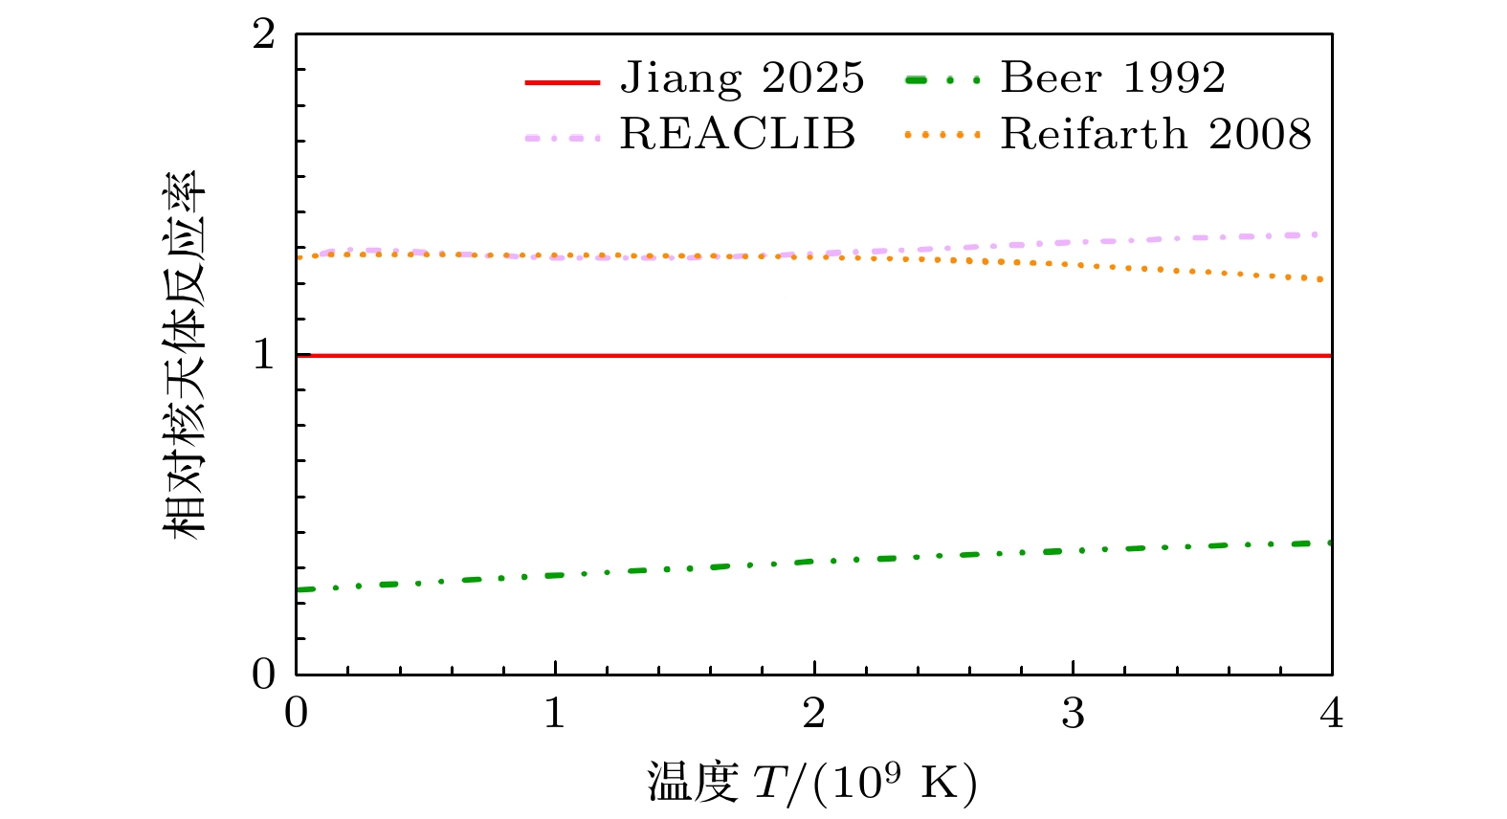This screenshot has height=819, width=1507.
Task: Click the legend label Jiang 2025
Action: coord(742,78)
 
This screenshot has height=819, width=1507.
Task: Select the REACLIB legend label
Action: coord(737,135)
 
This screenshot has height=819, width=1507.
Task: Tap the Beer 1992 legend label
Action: coord(1113,78)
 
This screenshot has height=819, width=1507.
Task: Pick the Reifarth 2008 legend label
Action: coord(1156,135)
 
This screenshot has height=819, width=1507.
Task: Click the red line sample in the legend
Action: coord(563,82)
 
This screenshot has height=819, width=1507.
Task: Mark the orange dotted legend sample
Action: coord(942,136)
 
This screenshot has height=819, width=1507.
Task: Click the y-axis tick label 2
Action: coord(263,35)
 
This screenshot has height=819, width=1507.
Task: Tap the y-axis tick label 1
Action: coord(263,356)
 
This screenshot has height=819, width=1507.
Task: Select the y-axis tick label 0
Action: coord(263,675)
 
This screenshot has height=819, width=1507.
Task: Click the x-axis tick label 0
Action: coord(297,714)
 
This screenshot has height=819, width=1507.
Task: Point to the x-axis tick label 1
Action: coord(555,714)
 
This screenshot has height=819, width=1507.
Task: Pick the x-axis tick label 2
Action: coord(814,714)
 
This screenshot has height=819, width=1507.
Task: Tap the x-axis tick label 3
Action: coord(1073,714)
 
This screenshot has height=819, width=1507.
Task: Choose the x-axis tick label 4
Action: coord(1331,714)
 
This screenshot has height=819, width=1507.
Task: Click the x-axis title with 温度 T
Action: coord(812,783)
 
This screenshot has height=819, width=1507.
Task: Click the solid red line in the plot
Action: coord(813,356)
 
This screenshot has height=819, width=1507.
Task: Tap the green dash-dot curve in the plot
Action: coord(813,562)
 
